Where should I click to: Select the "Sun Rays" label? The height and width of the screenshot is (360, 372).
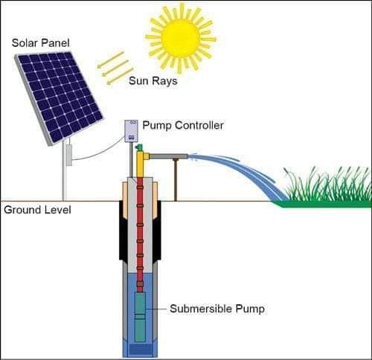[x=153, y=80]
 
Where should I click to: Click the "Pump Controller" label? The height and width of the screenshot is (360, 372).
[x=182, y=126]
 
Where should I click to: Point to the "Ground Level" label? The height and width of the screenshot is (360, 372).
[x=37, y=210]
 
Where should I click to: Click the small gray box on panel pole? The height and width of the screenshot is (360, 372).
[x=68, y=155]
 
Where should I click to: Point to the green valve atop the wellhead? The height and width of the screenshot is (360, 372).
[x=138, y=149]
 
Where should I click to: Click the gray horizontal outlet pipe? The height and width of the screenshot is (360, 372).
[x=168, y=157]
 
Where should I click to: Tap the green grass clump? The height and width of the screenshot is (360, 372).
[x=327, y=190]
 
